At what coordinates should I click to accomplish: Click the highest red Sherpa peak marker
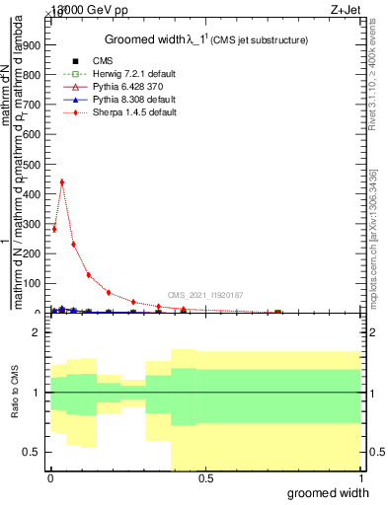point(62,181)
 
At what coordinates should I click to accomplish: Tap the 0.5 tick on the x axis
point(205,477)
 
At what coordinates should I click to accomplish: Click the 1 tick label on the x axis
point(359,477)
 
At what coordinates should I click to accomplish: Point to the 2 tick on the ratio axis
point(38,332)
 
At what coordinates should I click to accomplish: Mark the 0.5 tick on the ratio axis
point(33,452)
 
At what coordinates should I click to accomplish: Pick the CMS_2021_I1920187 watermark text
point(204,295)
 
